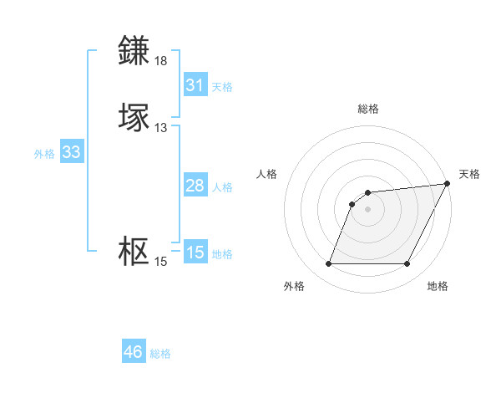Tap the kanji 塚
click(134, 117)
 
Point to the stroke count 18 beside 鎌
click(160, 61)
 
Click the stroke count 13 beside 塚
click(160, 128)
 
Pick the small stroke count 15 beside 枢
click(160, 262)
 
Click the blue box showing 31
click(195, 85)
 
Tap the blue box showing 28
click(195, 186)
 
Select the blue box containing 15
click(195, 253)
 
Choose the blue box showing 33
click(71, 152)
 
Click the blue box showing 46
click(133, 352)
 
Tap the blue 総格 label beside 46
click(160, 354)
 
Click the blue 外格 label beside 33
click(44, 154)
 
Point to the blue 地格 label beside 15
click(222, 254)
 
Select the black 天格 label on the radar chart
click(469, 174)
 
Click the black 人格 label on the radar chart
click(266, 174)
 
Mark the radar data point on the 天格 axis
click(448, 184)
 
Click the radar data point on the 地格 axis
click(407, 264)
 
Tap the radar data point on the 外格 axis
click(328, 264)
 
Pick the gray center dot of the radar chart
click(367, 210)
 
